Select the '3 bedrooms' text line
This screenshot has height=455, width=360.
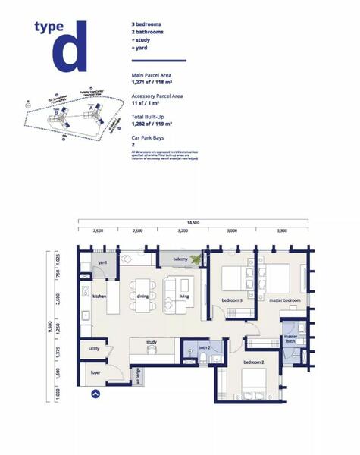(x=146, y=25)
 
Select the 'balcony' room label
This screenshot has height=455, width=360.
(x=180, y=259)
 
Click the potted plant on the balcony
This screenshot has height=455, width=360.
(x=199, y=259)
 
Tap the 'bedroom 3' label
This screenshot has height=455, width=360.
(x=232, y=301)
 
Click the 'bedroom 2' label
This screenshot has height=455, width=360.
(x=253, y=363)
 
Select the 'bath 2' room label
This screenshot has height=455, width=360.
(x=203, y=347)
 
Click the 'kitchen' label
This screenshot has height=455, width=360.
(x=99, y=297)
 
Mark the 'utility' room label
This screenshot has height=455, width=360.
(x=95, y=348)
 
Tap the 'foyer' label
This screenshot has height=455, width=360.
(x=96, y=372)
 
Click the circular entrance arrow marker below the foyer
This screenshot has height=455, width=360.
(x=95, y=394)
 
